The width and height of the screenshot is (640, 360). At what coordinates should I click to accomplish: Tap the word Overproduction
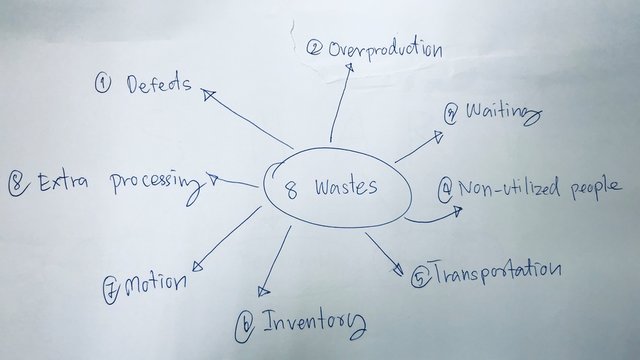coord(386,48)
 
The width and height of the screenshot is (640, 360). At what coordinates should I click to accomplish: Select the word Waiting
coord(505,111)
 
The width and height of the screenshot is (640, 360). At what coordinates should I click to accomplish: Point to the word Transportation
coord(495,270)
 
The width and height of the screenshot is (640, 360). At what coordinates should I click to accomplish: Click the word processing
coord(157,183)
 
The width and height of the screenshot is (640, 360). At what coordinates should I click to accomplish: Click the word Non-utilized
coord(505,187)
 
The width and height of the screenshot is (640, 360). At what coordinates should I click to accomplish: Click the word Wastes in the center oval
coord(347,187)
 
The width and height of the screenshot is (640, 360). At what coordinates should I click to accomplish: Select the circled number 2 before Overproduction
coord(314,47)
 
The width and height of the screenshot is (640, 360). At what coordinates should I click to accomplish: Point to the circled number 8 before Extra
coord(17,182)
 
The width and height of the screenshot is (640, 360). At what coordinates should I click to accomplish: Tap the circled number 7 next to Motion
coord(111,289)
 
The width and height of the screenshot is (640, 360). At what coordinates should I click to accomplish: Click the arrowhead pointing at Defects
coord(208,94)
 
